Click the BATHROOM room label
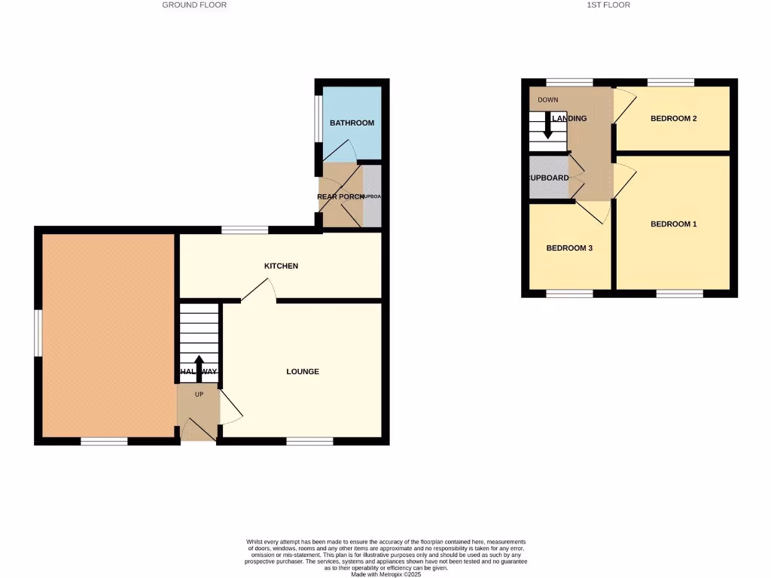coord(352,123)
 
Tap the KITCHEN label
coord(281,266)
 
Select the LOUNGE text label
coord(303,372)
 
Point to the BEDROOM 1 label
coord(674,224)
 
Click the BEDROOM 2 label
coord(673,119)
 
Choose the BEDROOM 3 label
coord(569,248)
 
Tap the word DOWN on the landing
coord(548,100)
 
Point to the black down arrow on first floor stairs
coord(548,128)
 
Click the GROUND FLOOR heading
coord(194,5)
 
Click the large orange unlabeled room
coord(108,335)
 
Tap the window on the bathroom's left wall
coord(318,117)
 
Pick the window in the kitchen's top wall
coord(245,230)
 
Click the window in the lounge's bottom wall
coord(309,442)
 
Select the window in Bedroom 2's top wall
coord(671,82)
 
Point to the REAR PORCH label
coord(340,197)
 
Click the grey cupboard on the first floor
coord(548,178)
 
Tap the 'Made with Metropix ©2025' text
coord(385,573)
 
